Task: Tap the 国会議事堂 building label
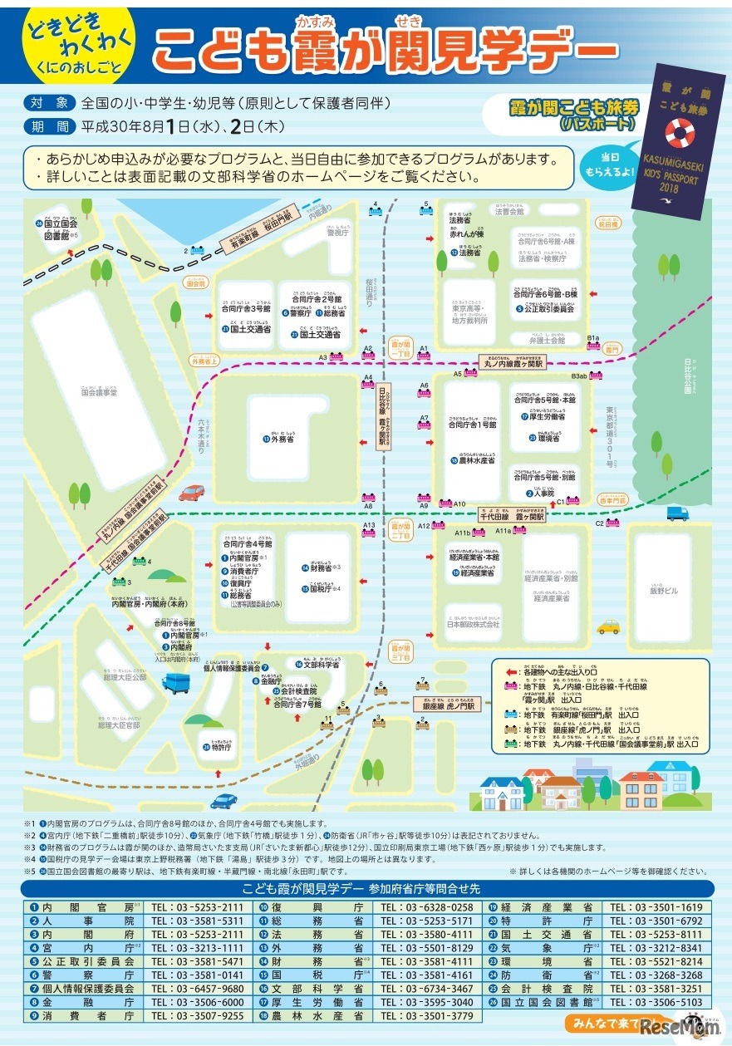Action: click(x=100, y=391)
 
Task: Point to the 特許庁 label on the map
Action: click(x=219, y=747)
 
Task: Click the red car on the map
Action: click(x=192, y=493)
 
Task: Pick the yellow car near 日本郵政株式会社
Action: click(x=608, y=627)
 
